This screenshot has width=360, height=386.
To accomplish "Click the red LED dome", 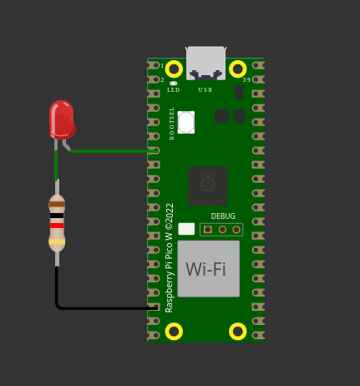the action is [62, 119].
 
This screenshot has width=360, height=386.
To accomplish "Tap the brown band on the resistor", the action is [57, 204].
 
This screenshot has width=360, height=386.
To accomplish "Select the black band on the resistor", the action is [57, 216].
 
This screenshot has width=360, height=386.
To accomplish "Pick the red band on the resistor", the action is [57, 226].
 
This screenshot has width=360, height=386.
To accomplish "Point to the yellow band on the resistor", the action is [57, 241].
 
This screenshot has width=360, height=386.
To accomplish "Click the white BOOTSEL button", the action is [186, 122].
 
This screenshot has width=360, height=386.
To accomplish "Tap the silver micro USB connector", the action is [205, 63].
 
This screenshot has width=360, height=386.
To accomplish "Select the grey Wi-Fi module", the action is [209, 269].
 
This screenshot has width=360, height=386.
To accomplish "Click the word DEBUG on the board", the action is [223, 216].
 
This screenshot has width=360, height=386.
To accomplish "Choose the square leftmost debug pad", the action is [208, 230].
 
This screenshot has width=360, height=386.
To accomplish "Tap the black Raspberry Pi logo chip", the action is [208, 186].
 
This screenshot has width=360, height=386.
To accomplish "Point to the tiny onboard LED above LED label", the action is [173, 84].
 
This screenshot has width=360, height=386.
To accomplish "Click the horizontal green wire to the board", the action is [114, 151].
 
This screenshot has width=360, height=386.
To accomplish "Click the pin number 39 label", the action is [246, 80].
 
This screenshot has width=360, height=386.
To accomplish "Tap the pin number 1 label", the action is [162, 66].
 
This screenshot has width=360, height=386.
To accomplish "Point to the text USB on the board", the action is [205, 90].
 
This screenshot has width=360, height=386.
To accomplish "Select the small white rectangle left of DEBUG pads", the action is [186, 229].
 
